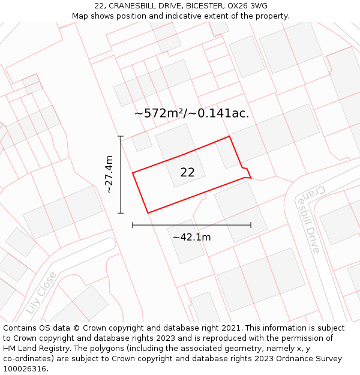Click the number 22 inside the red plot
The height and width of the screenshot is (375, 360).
(x=187, y=172)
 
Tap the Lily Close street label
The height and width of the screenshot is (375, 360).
(x=41, y=293)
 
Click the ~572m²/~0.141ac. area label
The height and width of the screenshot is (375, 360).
(x=191, y=113)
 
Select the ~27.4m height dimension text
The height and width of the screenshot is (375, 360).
(x=109, y=175)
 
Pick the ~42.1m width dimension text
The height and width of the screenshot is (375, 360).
(x=191, y=237)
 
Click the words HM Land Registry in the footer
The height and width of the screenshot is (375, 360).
(x=33, y=349)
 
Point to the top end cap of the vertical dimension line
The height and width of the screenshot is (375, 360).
(x=121, y=137)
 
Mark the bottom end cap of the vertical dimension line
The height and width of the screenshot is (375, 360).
(x=121, y=213)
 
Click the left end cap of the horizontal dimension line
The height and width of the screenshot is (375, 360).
(x=133, y=225)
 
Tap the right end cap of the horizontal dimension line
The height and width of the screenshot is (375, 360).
(x=251, y=225)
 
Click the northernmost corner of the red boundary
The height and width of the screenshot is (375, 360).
(x=229, y=137)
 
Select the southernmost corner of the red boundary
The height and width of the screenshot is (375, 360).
(x=148, y=213)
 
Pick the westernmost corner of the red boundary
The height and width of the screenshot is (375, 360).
(x=133, y=173)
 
